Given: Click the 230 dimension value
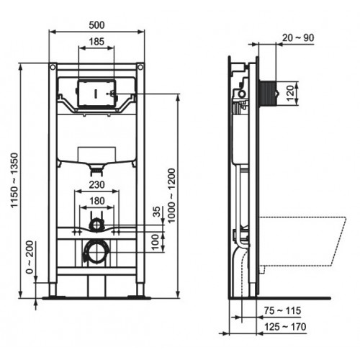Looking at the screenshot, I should tap(96, 184).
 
